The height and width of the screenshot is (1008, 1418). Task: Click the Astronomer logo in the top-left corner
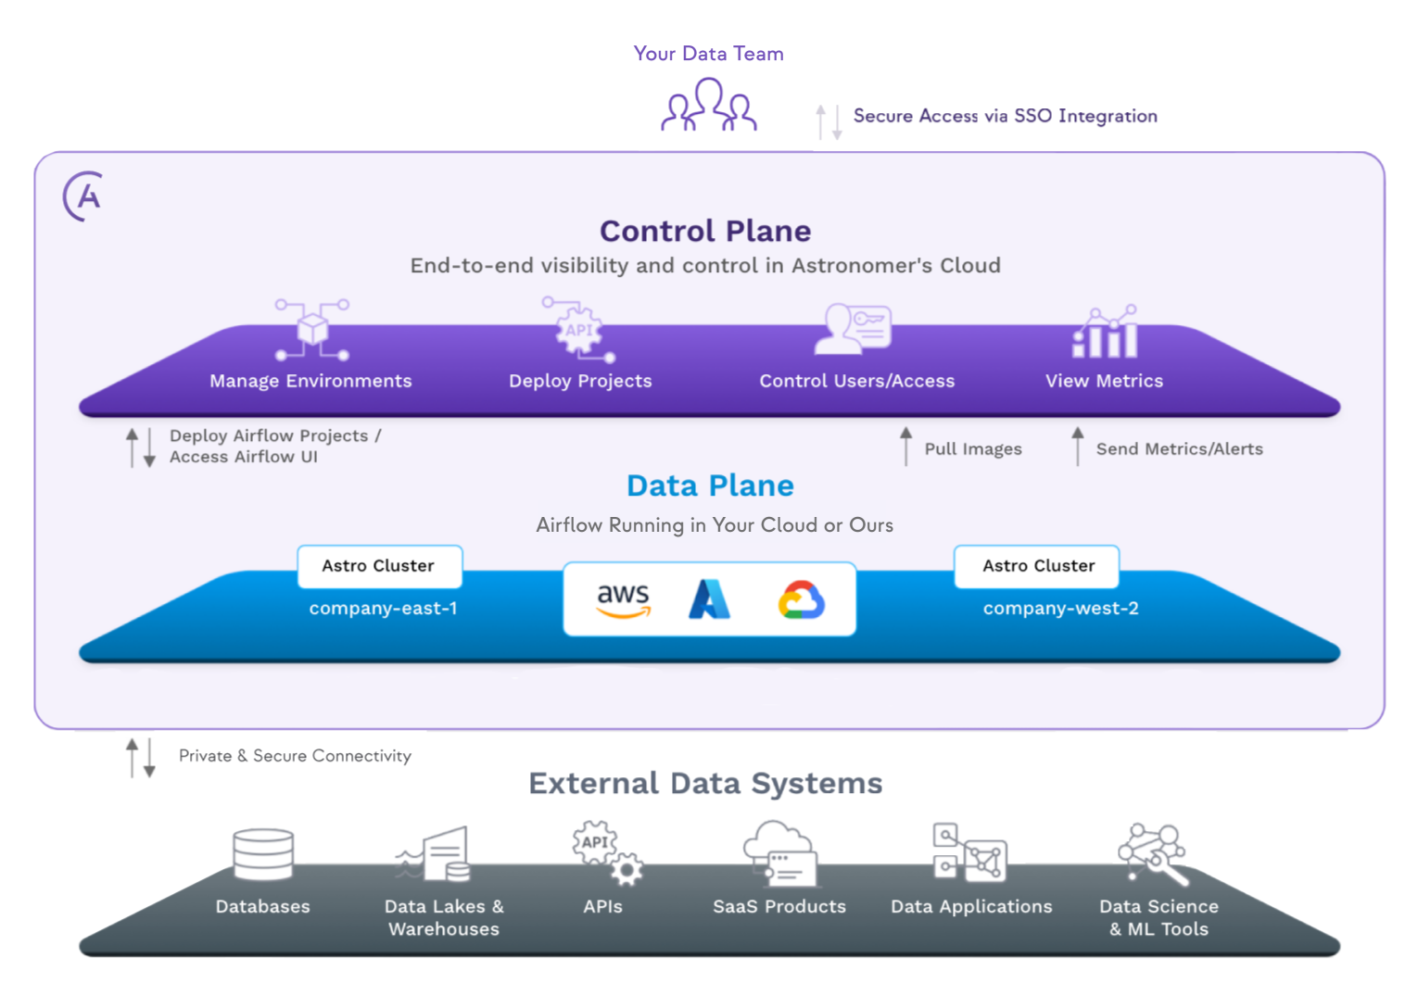click(x=82, y=195)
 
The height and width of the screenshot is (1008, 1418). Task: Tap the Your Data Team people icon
click(x=709, y=106)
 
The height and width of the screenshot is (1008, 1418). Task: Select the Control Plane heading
click(x=705, y=231)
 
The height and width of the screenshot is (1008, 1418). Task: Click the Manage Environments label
click(x=310, y=381)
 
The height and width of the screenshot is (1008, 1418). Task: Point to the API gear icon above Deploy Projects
click(x=579, y=331)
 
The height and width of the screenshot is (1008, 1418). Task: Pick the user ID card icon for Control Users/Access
click(x=853, y=329)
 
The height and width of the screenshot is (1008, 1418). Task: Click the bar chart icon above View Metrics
click(x=1105, y=333)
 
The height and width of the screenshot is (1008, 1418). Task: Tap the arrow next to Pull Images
click(x=905, y=447)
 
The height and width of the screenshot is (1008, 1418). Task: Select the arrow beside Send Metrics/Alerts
click(x=1077, y=447)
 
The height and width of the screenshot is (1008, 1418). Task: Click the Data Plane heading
click(x=710, y=485)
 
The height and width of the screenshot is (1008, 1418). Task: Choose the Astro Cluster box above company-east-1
click(x=379, y=566)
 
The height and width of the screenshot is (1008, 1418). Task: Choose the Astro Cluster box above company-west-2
click(x=1037, y=566)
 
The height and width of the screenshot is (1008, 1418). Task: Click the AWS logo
click(x=623, y=600)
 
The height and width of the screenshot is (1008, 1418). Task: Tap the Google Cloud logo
click(x=801, y=600)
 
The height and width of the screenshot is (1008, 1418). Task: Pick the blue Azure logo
click(x=710, y=599)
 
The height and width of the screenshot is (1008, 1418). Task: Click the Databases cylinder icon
click(x=263, y=854)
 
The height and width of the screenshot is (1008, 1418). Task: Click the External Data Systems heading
click(x=705, y=784)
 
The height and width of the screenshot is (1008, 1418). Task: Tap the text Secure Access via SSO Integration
click(x=1005, y=116)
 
